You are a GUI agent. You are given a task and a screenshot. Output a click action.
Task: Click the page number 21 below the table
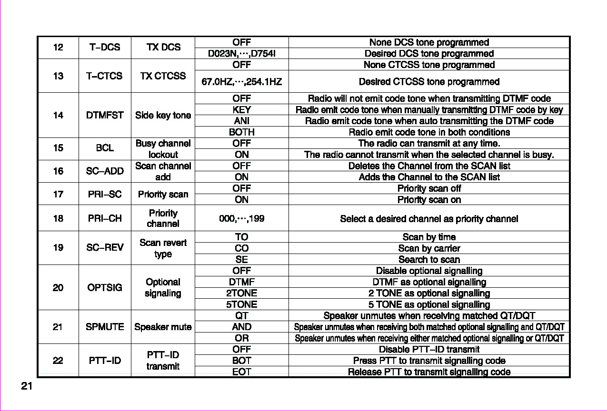click(x=27, y=386)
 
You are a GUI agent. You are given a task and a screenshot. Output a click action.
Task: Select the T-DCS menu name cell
click(x=105, y=47)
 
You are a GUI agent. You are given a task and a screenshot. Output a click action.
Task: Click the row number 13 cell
click(x=58, y=76)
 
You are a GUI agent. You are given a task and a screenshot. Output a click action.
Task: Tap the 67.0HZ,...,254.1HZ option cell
click(x=241, y=82)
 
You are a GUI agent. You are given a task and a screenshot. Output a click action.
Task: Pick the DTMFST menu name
click(x=105, y=115)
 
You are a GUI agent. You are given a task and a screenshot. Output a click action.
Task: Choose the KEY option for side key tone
click(x=241, y=110)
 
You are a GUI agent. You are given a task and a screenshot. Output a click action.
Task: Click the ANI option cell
click(x=241, y=121)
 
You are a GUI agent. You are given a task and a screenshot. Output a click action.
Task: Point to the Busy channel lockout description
click(x=163, y=149)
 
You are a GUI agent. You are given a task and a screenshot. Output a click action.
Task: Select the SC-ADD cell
click(x=105, y=171)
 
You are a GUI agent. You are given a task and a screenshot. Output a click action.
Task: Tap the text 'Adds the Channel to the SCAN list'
click(x=429, y=177)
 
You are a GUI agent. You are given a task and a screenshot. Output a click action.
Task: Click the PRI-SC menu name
click(x=105, y=194)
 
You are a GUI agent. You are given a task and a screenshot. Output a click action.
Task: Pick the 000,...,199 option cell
click(x=241, y=219)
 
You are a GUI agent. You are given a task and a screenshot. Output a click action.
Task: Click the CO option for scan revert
click(x=241, y=248)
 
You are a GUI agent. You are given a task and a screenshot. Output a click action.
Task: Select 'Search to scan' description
click(x=429, y=259)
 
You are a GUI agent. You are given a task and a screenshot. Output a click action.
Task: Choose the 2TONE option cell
click(x=241, y=293)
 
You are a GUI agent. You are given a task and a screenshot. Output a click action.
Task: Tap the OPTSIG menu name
click(x=105, y=287)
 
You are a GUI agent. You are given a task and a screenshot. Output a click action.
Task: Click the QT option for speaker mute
click(x=241, y=315)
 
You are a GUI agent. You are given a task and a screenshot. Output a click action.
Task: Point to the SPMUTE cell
click(x=105, y=327)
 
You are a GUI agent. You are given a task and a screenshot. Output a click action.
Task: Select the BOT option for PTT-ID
click(x=241, y=361)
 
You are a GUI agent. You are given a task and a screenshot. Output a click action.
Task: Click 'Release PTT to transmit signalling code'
click(x=429, y=372)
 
